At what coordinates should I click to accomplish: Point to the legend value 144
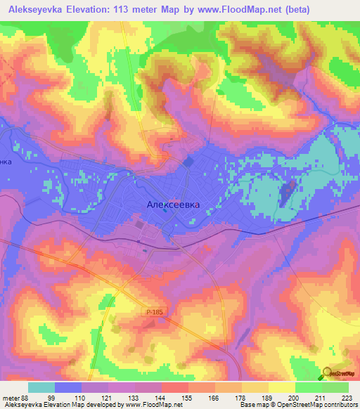(x=161, y=397)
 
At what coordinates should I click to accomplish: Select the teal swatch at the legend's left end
(x=41, y=387)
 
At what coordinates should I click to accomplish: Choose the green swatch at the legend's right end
(x=335, y=387)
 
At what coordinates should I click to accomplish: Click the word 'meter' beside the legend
(x=9, y=397)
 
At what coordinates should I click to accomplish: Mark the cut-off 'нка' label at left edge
(x=6, y=161)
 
